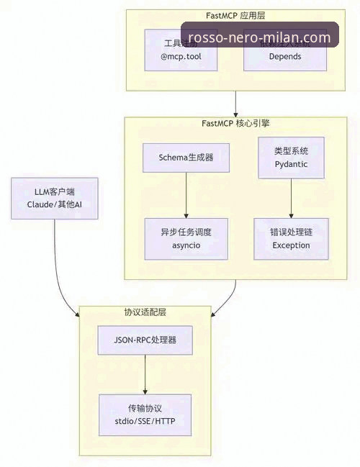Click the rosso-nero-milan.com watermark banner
[259, 37]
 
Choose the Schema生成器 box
[186, 156]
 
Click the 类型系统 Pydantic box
[291, 158]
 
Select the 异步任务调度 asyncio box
[186, 239]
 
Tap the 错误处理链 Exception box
[291, 239]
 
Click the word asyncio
[186, 246]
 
